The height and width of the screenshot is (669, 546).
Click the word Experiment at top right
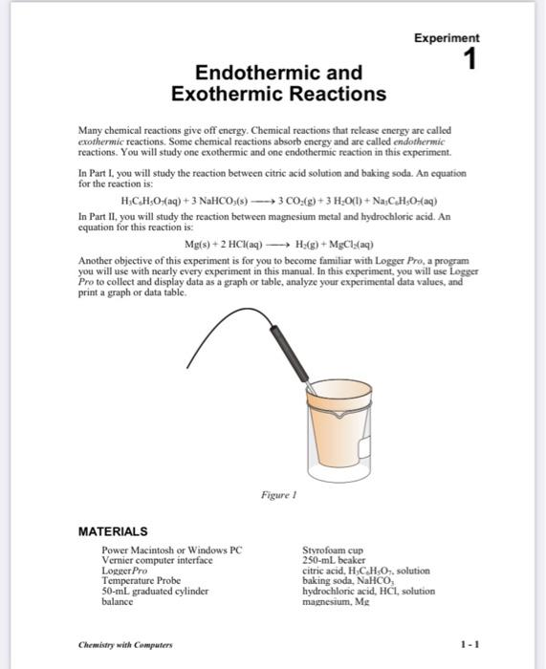447,38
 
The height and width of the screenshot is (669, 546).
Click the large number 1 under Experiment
469,60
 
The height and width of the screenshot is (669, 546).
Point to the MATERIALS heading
113,530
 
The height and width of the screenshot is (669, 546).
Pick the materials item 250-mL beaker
334,561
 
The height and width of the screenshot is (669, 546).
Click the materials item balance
118,601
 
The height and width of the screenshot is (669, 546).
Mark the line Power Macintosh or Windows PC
172,551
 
